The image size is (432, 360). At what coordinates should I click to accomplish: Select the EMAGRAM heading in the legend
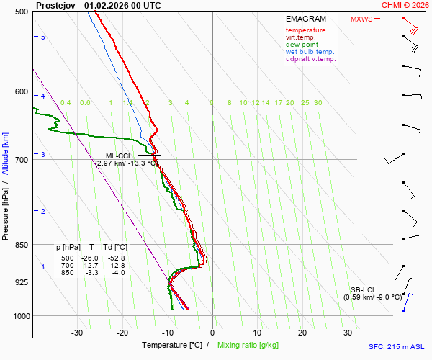[x=305, y=19]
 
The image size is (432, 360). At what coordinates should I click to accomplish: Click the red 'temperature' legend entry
[x=305, y=30]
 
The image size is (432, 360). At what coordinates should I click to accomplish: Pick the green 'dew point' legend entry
[x=302, y=45]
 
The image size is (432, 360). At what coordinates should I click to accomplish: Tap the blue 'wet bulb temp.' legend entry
[x=310, y=52]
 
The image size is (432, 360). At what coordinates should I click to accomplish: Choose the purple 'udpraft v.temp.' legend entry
[x=310, y=59]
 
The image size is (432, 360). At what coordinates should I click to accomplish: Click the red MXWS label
[x=361, y=19]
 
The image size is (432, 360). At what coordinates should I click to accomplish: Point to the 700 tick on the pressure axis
[x=20, y=159]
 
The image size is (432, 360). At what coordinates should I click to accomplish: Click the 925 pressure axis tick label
[x=20, y=282]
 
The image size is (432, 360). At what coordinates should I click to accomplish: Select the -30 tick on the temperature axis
[x=77, y=333]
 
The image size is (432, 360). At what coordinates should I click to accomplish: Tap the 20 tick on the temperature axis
[x=302, y=333]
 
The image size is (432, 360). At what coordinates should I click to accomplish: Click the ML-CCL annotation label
[x=120, y=156]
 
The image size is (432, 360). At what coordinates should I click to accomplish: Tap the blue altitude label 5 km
[x=43, y=37]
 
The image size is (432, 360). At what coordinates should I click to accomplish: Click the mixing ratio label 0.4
[x=66, y=103]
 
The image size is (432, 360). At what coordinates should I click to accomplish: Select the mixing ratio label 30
[x=318, y=103]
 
